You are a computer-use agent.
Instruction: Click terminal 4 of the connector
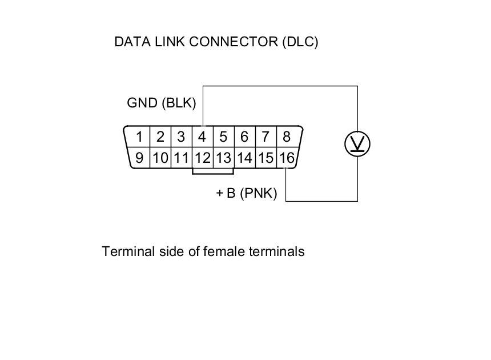[x=202, y=137]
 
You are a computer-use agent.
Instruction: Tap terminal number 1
[x=139, y=137]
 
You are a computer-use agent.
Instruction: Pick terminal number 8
[x=286, y=137]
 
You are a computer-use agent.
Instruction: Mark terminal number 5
[x=223, y=137]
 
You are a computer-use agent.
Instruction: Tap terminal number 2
[x=160, y=137]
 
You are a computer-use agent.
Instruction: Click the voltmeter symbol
[x=358, y=144]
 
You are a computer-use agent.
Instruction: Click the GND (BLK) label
[x=161, y=103]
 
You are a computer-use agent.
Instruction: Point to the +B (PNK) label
[x=247, y=194]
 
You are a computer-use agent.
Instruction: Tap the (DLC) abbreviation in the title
[x=300, y=42]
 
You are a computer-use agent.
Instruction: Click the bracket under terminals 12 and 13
[x=213, y=173]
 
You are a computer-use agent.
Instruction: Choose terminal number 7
[x=265, y=137]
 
